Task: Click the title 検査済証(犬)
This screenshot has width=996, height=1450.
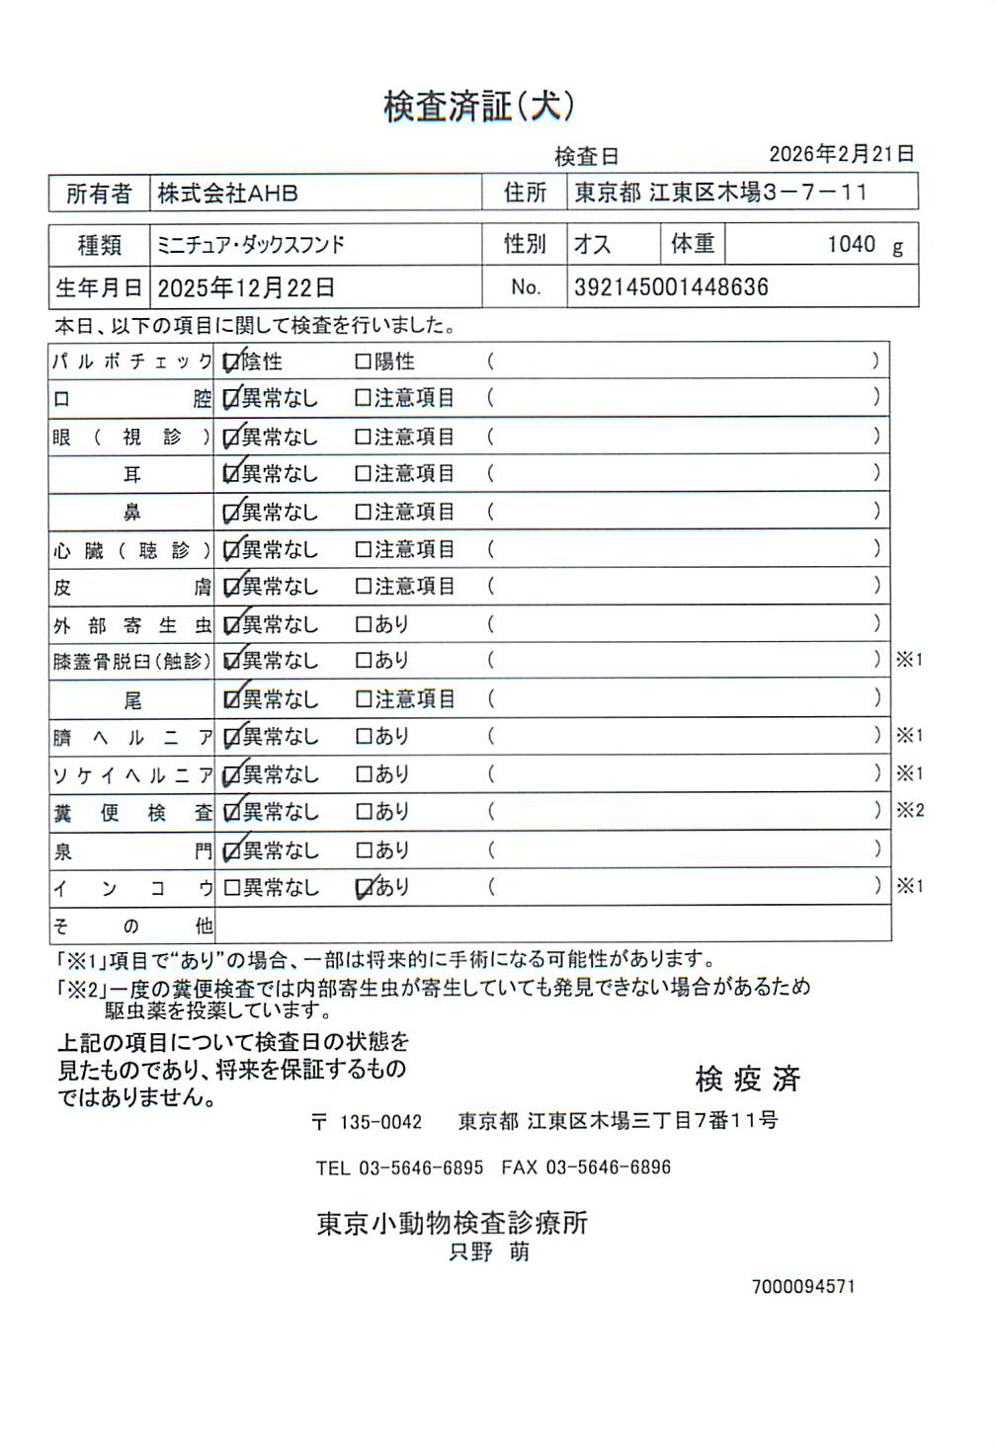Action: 479,107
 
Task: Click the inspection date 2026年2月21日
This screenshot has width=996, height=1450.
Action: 841,154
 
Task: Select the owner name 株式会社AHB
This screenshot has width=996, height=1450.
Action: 228,194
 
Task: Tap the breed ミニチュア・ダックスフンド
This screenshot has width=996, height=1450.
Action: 251,245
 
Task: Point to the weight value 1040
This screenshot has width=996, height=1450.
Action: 851,244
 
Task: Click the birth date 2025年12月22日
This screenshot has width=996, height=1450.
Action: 246,288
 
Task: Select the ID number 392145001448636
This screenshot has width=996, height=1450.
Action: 671,287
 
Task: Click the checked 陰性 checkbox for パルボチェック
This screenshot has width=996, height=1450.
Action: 232,362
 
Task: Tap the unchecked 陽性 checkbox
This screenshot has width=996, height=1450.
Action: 363,362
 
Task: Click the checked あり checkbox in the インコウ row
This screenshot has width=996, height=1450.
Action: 364,888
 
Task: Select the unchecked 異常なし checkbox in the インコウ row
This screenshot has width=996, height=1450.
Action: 232,888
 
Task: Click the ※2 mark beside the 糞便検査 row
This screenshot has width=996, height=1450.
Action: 910,811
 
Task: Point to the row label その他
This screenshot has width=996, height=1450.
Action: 132,926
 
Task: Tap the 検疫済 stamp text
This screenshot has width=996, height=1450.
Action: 747,1080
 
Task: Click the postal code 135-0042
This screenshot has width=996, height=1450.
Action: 380,1123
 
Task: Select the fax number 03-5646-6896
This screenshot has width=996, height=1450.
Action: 608,1168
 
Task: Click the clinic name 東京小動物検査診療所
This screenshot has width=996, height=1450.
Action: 453,1224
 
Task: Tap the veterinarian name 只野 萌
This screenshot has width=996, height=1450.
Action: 489,1252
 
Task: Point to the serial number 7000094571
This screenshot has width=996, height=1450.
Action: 803,1287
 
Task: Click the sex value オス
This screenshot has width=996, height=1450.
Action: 593,245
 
